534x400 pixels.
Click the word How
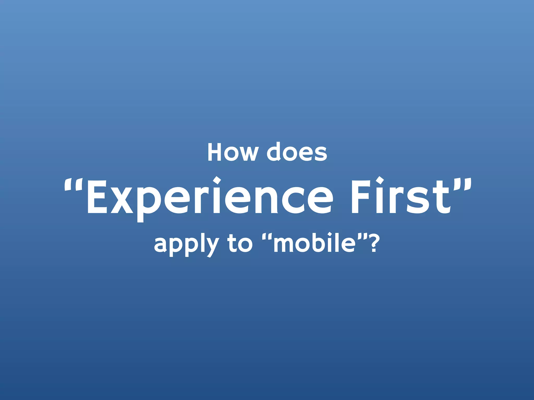pos(233,152)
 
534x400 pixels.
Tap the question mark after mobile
pos(374,243)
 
